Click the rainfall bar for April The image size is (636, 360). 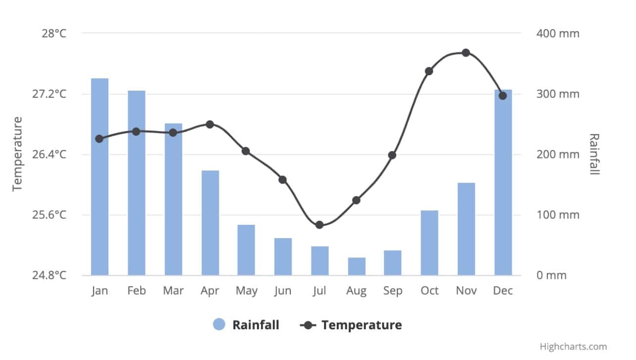click(210, 223)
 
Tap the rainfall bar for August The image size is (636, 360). click(357, 266)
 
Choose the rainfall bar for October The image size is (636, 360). click(429, 243)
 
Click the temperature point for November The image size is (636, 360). click(466, 53)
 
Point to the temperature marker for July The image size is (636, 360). click(319, 225)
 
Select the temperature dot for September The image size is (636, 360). click(392, 155)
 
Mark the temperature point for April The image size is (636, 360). click(210, 124)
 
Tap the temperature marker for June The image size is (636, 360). click(282, 180)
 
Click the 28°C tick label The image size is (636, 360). click(53, 34)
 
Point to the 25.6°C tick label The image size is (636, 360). click(49, 215)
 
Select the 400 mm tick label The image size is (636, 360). click(558, 34)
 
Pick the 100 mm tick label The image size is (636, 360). click(558, 215)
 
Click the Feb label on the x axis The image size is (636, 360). click(136, 291)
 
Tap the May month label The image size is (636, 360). click(246, 291)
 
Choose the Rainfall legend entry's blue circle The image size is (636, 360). click(219, 325)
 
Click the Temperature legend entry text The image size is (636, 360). click(362, 325)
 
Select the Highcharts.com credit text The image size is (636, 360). click(573, 347)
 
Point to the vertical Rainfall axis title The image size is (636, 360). click(594, 154)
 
